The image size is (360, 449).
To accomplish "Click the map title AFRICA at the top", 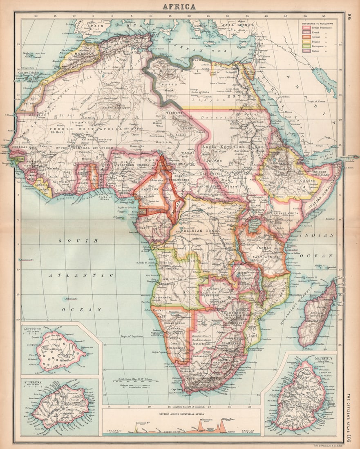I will (x=179, y=7).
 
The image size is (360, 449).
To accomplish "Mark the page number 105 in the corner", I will (x=349, y=17).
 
